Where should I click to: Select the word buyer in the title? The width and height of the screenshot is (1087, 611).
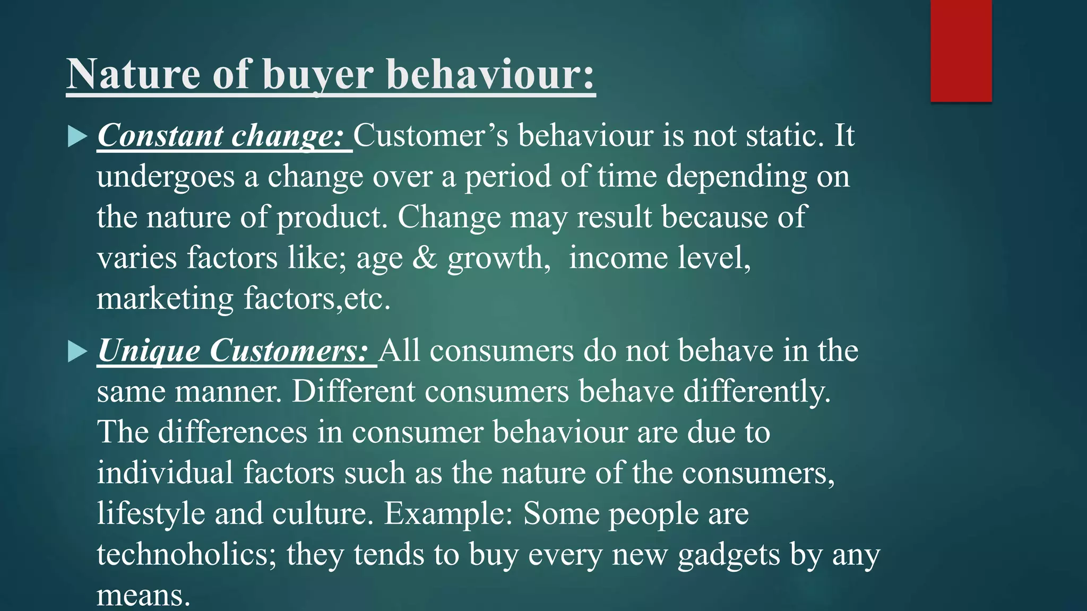[x=318, y=75]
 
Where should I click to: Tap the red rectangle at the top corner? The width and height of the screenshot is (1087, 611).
[x=961, y=50]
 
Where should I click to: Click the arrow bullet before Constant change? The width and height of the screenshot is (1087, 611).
[x=77, y=136]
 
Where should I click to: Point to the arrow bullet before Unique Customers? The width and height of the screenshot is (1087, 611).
[x=77, y=352]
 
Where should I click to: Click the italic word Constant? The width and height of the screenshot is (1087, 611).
[x=160, y=136]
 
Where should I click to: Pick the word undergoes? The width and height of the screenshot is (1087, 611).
[x=166, y=177]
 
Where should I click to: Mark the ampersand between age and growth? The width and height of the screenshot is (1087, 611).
[x=424, y=258]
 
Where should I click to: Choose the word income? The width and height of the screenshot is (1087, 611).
[x=618, y=258]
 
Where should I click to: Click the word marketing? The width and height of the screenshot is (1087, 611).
[x=165, y=299]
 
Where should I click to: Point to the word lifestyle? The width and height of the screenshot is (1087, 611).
[x=151, y=514]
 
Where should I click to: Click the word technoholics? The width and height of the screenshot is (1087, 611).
[x=187, y=555]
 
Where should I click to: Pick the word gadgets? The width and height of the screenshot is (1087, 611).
[x=729, y=555]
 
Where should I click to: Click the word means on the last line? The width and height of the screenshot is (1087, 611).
[x=143, y=596]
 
